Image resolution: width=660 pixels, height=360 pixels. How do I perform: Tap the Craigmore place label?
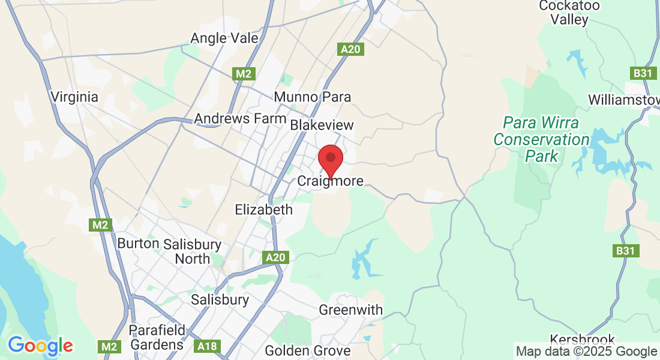331,181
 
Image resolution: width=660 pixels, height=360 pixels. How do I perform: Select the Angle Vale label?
224,38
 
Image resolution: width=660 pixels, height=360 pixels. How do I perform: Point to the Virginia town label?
74,97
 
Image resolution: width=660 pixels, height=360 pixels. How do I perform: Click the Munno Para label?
312,97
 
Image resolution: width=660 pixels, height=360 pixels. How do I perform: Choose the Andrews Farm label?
240,118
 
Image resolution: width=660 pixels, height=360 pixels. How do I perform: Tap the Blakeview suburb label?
322,125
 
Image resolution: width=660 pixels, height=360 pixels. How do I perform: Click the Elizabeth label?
264,209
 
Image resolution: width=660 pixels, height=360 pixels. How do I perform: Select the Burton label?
138,244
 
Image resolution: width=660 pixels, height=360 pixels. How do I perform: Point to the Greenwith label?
350,310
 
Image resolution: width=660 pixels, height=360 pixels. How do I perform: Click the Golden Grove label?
307,350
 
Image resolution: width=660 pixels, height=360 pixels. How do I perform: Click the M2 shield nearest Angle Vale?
244,74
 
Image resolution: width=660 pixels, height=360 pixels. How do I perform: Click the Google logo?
40,346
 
